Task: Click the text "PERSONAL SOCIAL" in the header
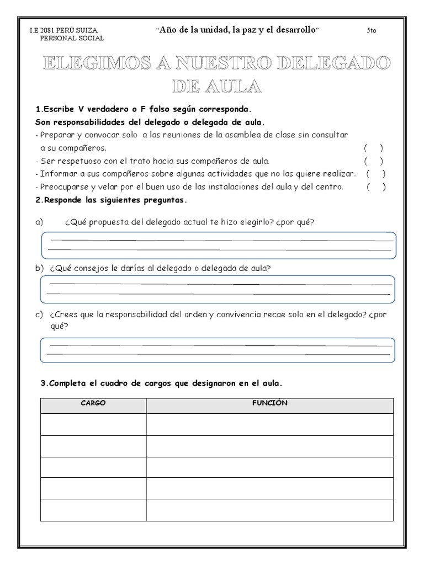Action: (72, 38)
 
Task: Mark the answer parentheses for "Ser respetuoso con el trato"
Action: (373, 161)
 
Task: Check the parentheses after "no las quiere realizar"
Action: (376, 174)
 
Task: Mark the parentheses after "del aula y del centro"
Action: (376, 187)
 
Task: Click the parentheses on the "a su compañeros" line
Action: (373, 148)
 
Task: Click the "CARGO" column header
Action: (93, 403)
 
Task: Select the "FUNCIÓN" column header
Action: (269, 403)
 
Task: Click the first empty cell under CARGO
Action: (93, 424)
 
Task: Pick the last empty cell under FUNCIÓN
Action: (269, 509)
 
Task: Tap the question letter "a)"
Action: (39, 222)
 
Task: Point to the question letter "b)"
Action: (39, 268)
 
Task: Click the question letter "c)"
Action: (39, 315)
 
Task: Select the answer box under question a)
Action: (218, 245)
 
